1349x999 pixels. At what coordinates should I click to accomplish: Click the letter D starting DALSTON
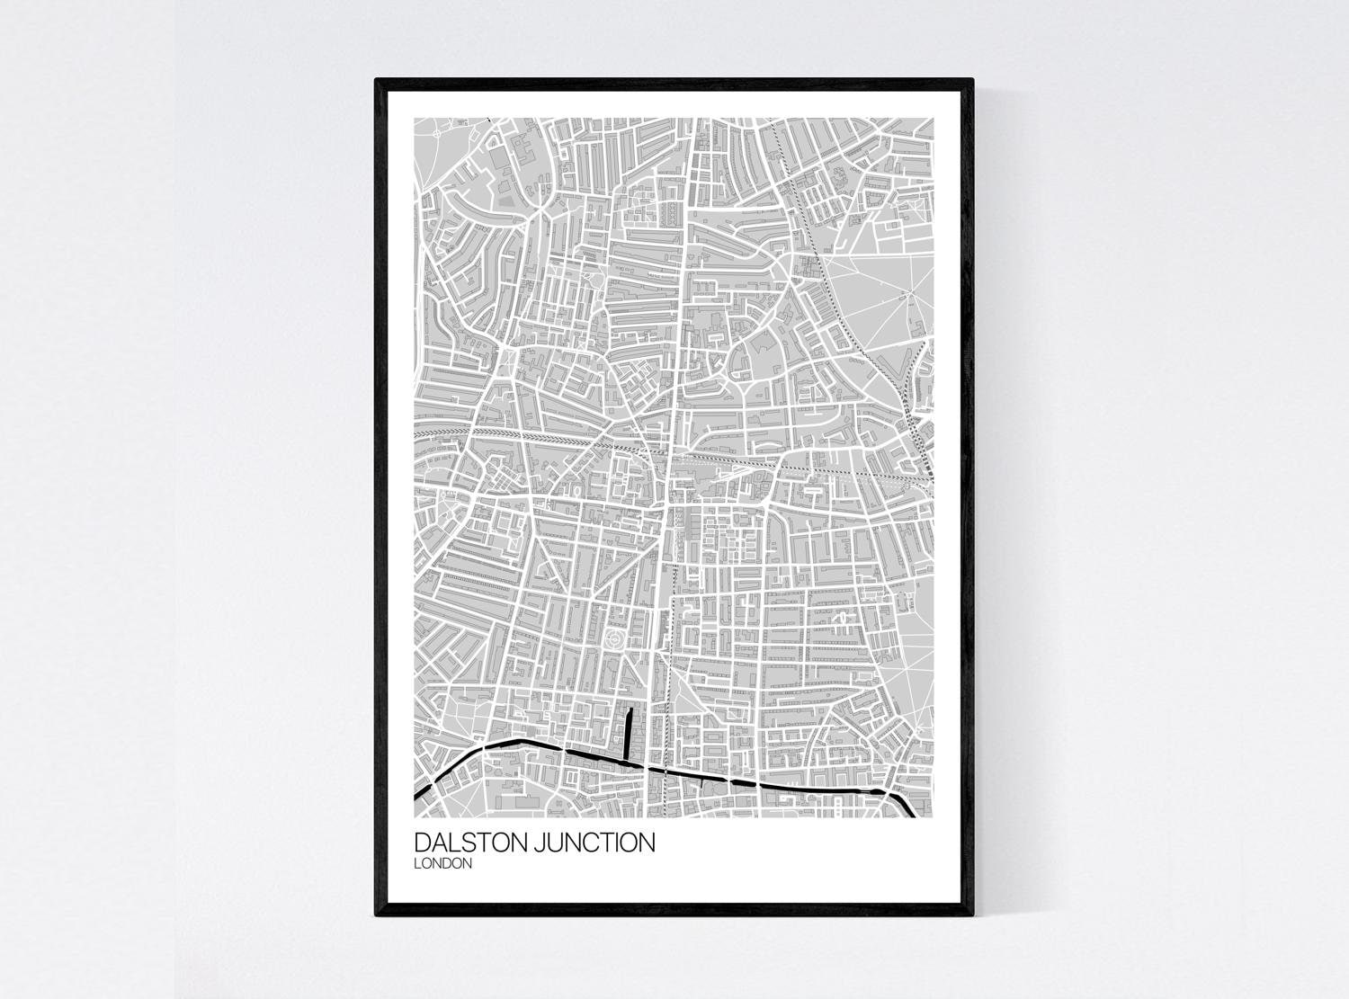click(x=422, y=843)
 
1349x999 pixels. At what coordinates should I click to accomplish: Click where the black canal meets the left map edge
click(x=416, y=795)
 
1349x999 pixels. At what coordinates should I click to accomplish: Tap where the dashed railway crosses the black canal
click(x=666, y=771)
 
